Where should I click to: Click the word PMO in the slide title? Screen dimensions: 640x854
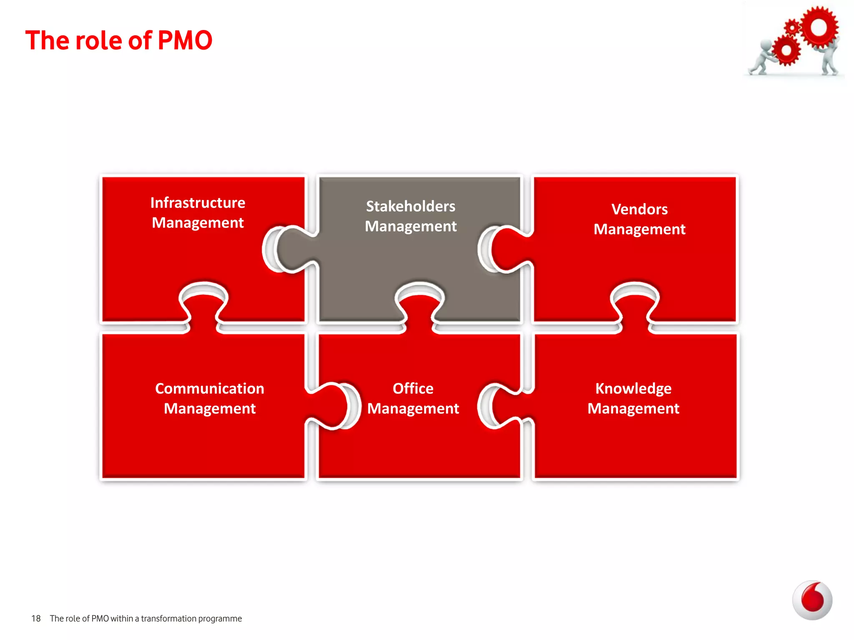point(185,40)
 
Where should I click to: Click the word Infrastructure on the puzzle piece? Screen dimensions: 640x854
point(198,203)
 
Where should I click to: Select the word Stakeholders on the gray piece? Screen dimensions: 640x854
point(410,207)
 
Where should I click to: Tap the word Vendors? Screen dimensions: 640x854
point(639,209)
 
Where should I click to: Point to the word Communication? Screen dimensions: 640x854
point(209,389)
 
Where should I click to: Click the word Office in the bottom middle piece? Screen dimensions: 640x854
point(413,389)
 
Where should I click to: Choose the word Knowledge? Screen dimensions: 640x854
point(633,389)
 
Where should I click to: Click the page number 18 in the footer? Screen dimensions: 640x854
point(36,619)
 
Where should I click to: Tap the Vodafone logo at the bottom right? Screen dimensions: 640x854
point(812,600)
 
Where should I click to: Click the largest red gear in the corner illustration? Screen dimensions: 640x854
point(819,27)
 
